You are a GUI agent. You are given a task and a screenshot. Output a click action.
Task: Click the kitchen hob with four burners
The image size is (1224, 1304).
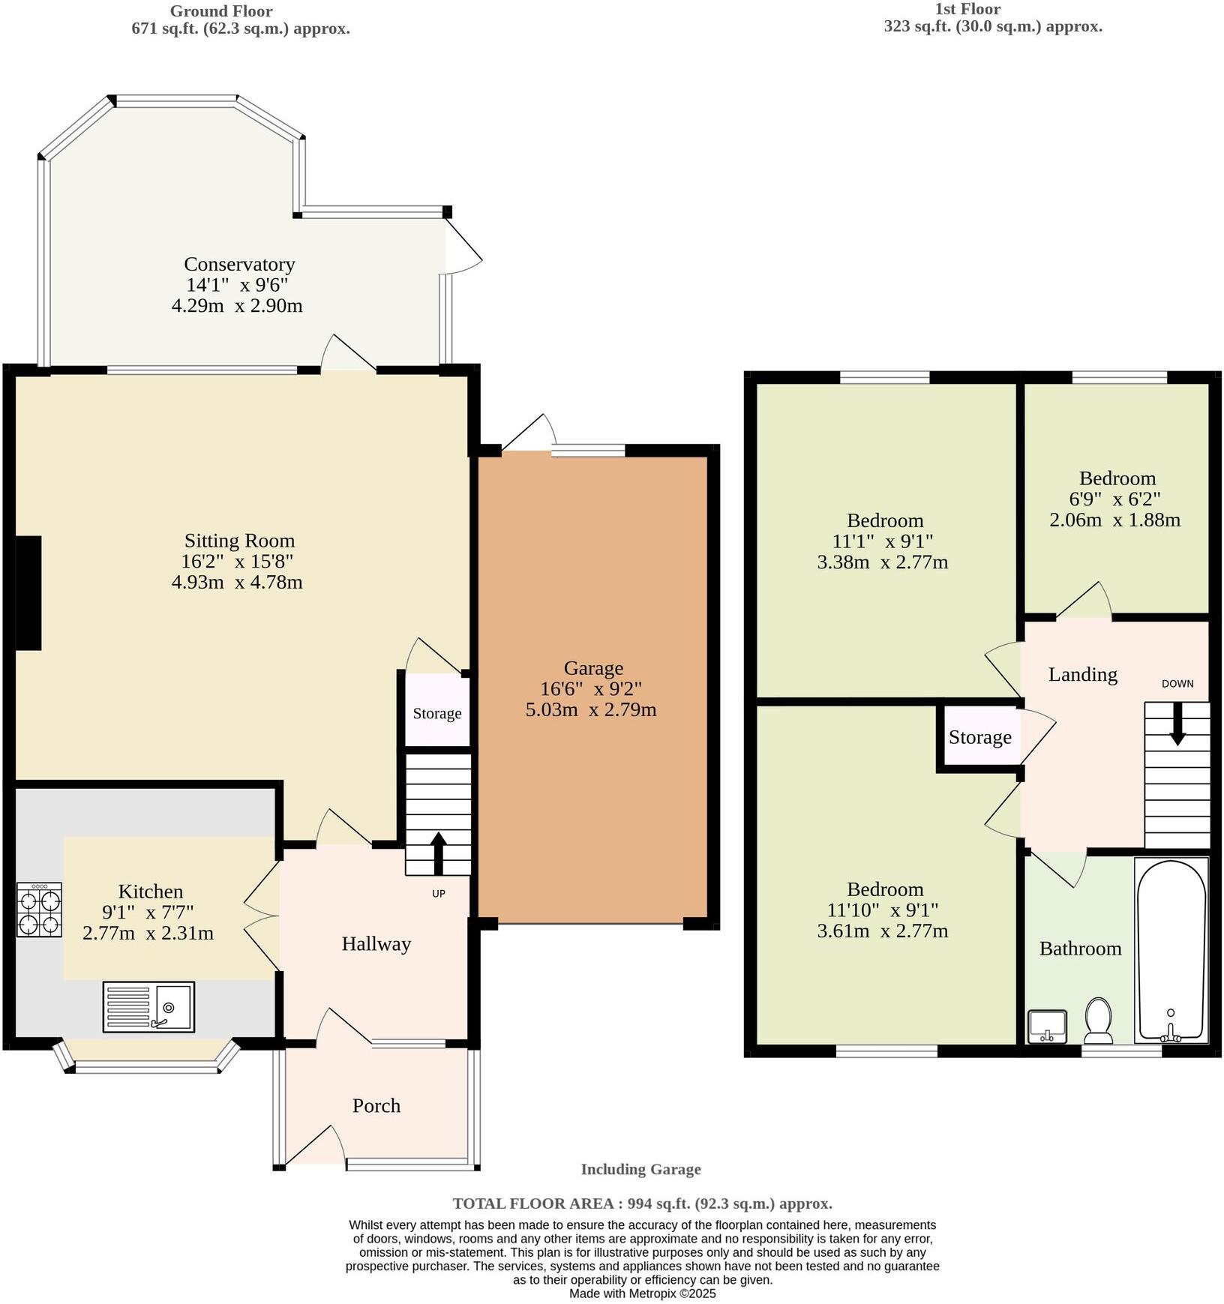pyautogui.click(x=40, y=909)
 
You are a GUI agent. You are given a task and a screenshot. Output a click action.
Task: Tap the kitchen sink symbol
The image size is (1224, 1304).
pyautogui.click(x=148, y=1006)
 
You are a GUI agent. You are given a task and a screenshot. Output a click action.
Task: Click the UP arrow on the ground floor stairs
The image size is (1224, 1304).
pyautogui.click(x=438, y=853)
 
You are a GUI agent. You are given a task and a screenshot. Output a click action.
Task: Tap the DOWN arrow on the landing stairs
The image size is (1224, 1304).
pyautogui.click(x=1177, y=724)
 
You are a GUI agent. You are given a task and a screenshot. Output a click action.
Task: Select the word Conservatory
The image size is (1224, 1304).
pyautogui.click(x=239, y=264)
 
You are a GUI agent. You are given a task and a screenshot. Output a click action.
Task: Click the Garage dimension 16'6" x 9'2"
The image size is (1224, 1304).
pyautogui.click(x=591, y=688)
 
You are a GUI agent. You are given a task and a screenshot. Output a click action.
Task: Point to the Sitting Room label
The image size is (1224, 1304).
pyautogui.click(x=239, y=540)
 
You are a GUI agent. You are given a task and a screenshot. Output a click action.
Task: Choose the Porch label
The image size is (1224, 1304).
pyautogui.click(x=376, y=1105)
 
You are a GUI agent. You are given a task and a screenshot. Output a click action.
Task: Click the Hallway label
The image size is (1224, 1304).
pyautogui.click(x=376, y=943)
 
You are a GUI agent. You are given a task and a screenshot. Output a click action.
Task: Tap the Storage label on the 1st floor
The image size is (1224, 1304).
pyautogui.click(x=979, y=737)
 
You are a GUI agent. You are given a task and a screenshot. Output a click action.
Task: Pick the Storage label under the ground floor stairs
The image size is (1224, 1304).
pyautogui.click(x=436, y=713)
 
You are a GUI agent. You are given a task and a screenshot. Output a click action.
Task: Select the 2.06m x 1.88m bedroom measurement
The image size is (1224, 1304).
pyautogui.click(x=1114, y=520)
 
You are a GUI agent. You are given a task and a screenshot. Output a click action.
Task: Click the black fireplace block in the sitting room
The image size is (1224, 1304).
pyautogui.click(x=28, y=592)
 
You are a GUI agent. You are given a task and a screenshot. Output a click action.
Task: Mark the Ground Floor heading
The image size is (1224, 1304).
pyautogui.click(x=221, y=11)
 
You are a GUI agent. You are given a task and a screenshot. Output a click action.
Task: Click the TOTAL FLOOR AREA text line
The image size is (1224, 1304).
pyautogui.click(x=642, y=1204)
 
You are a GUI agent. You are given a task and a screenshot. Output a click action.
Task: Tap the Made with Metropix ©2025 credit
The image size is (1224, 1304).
pyautogui.click(x=642, y=1294)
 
